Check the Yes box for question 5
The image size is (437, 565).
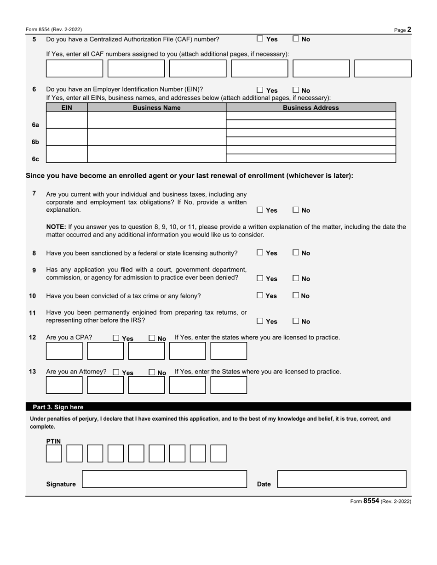click(260, 39)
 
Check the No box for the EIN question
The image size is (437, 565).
click(296, 90)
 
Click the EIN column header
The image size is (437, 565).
click(67, 108)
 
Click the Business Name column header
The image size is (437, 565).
click(156, 108)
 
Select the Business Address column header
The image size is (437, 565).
click(310, 108)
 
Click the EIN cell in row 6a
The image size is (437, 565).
click(67, 120)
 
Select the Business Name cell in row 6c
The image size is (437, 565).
click(156, 154)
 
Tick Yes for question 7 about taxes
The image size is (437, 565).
click(260, 210)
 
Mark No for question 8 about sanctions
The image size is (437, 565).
click(296, 253)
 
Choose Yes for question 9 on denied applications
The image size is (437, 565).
click(260, 278)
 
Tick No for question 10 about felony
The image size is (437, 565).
click(296, 295)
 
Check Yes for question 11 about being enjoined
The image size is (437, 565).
click(260, 321)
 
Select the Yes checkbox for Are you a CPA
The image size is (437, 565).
click(116, 338)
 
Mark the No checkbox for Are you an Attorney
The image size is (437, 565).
click(152, 373)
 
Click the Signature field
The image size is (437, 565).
click(164, 479)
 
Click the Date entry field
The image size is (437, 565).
click(342, 479)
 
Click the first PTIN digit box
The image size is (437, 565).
click(54, 453)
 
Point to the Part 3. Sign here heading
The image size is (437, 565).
click(58, 407)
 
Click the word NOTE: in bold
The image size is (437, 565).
click(56, 227)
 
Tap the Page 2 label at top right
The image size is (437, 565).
click(403, 30)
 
